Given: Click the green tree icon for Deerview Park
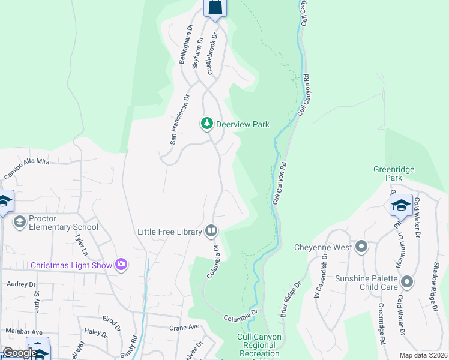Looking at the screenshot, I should pyautogui.click(x=207, y=124).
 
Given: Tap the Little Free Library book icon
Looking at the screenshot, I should pyautogui.click(x=211, y=230).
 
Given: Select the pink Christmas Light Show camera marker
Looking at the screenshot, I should pyautogui.click(x=122, y=265).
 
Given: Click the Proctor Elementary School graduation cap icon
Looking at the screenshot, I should pyautogui.click(x=20, y=223).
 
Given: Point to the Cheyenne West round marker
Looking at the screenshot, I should pyautogui.click(x=361, y=247).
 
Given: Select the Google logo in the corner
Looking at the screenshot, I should pyautogui.click(x=19, y=353).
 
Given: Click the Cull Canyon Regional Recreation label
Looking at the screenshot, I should pyautogui.click(x=260, y=345).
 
